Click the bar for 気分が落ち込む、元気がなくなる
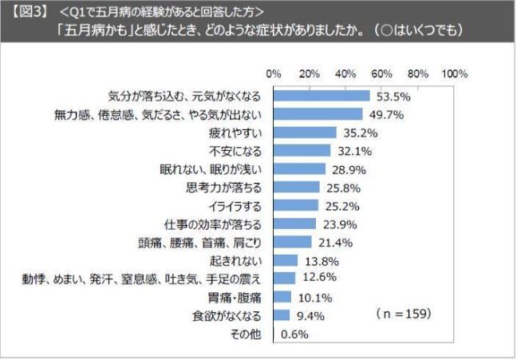(322, 96)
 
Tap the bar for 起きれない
(286, 260)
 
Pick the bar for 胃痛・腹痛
(282, 297)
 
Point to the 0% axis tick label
(274, 73)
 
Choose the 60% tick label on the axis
(382, 73)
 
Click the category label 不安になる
(237, 151)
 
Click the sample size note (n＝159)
(402, 315)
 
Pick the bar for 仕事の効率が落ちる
(295, 224)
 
